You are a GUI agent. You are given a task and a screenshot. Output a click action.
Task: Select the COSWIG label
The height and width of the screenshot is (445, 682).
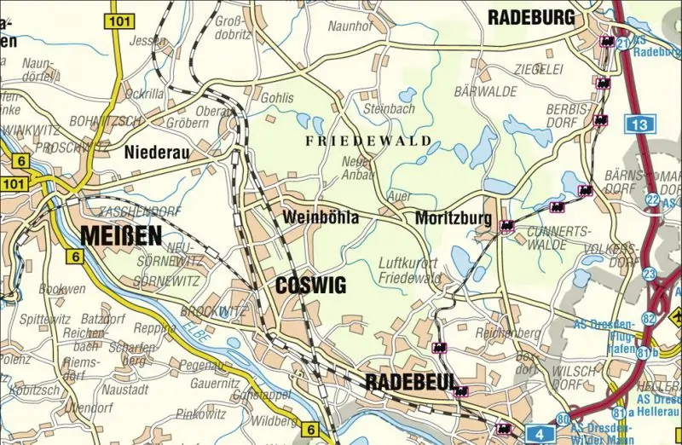pyautogui.click(x=311, y=286)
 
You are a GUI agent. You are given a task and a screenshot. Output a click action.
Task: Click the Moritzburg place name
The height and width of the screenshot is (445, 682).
pyautogui.click(x=453, y=219)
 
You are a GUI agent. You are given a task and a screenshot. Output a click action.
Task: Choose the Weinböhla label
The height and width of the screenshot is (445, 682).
pyautogui.click(x=320, y=219)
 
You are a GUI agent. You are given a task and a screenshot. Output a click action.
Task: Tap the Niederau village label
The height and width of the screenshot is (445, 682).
pyautogui.click(x=157, y=153)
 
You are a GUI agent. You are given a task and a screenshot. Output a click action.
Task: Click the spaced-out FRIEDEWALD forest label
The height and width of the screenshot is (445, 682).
pyautogui.click(x=367, y=141)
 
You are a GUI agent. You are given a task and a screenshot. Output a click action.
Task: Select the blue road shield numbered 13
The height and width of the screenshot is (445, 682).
pyautogui.click(x=640, y=125)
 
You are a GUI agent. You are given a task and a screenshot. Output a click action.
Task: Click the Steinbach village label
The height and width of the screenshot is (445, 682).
pyautogui.click(x=388, y=109)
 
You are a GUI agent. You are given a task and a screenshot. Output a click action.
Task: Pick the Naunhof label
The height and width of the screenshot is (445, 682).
pyautogui.click(x=350, y=27)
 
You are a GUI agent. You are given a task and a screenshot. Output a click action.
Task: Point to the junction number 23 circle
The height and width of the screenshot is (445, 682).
pyautogui.click(x=650, y=274)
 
